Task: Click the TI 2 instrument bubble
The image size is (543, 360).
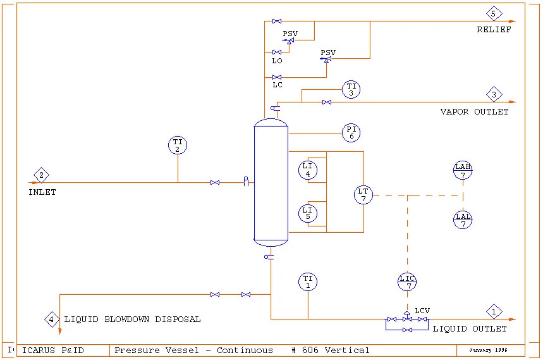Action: [x=178, y=146]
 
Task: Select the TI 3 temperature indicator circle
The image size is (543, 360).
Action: [x=351, y=90]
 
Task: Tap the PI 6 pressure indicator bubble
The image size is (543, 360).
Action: [x=351, y=133]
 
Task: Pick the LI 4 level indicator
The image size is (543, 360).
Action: [x=308, y=170]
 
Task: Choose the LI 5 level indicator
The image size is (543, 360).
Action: [x=308, y=213]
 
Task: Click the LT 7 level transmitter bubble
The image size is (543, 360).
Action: [x=363, y=195]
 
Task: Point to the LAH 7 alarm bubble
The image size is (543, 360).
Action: [x=463, y=170]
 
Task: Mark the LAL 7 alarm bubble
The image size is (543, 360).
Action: [x=463, y=220]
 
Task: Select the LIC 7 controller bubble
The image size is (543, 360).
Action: [x=408, y=282]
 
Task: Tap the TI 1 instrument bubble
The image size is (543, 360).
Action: [x=308, y=282]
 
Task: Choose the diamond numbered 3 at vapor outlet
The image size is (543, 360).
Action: [x=494, y=95]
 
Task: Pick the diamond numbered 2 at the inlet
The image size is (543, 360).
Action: [x=42, y=175]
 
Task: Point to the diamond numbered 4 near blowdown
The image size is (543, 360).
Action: [x=52, y=319]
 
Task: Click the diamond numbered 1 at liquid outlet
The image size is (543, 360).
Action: [x=494, y=311]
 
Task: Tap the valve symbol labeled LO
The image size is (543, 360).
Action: [x=277, y=52]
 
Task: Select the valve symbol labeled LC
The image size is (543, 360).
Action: [x=277, y=77]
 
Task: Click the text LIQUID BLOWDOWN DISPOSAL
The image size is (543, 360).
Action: [x=132, y=320]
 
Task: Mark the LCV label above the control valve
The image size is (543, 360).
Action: [x=422, y=311]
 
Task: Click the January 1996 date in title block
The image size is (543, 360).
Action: [x=488, y=350]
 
